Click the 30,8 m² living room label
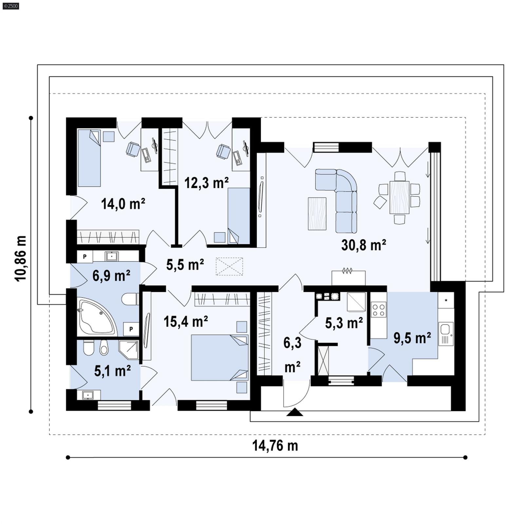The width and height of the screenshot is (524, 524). coord(364,245)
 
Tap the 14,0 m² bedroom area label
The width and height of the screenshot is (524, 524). coord(123,204)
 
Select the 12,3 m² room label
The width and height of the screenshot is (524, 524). coord(206,183)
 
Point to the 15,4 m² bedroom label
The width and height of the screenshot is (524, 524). coord(186,322)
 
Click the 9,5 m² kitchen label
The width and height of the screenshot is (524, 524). coord(412,338)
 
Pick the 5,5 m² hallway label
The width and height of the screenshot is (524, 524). coord(185,264)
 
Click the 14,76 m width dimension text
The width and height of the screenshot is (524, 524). coord(275,446)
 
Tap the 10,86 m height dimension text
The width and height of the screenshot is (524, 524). coord(20,258)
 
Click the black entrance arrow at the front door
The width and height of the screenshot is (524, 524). coord(295,412)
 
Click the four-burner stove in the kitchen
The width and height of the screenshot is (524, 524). coord(379,310)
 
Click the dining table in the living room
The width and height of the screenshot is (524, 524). coord(399,197)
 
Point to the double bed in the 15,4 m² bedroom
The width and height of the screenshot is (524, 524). coord(219,357)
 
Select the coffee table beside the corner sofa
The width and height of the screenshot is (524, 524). coord(317,214)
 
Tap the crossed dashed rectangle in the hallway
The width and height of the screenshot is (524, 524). coord(229,266)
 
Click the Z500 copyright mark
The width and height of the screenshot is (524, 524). coord(10,6)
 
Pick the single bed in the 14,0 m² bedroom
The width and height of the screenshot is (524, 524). coord(89,158)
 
